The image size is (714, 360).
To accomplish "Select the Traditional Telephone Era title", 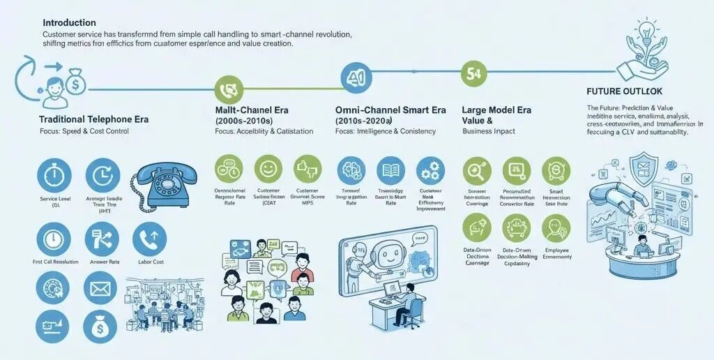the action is (x=93, y=119).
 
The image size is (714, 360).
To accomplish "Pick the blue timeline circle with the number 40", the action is (x=356, y=78).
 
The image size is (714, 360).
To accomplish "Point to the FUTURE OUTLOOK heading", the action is (x=625, y=91).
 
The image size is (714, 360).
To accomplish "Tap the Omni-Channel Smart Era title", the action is (x=390, y=110).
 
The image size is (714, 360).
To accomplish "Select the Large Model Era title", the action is (x=496, y=110).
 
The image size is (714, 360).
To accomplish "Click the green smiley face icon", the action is (x=267, y=169).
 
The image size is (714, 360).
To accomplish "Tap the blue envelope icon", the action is (x=100, y=287).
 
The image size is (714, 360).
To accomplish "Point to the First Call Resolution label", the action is (x=55, y=262).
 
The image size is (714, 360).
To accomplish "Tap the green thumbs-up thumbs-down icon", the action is (x=307, y=170).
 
